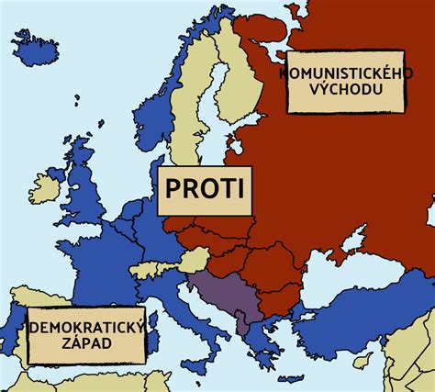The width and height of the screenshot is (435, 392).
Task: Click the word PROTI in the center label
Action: pos(204,188)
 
